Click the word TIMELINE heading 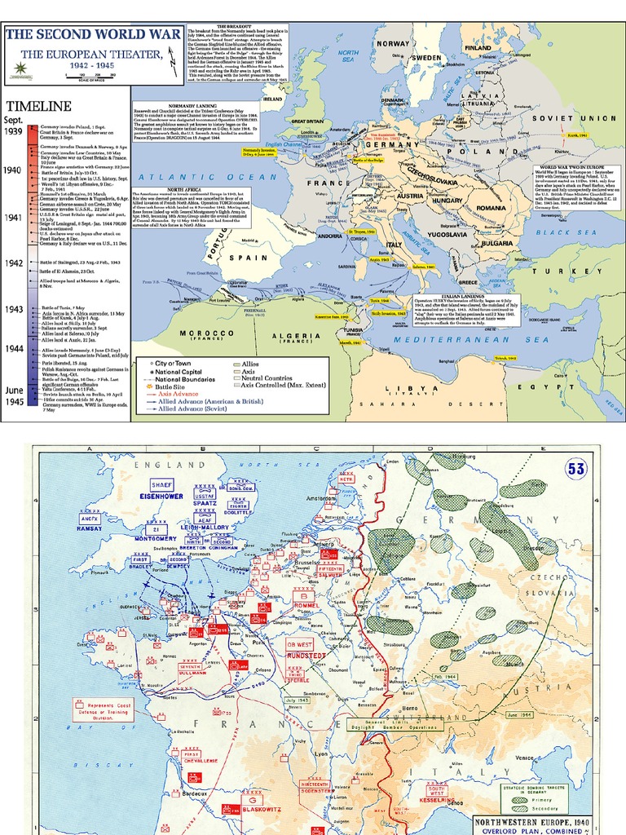click(x=37, y=106)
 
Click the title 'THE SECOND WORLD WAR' click(x=66, y=34)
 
